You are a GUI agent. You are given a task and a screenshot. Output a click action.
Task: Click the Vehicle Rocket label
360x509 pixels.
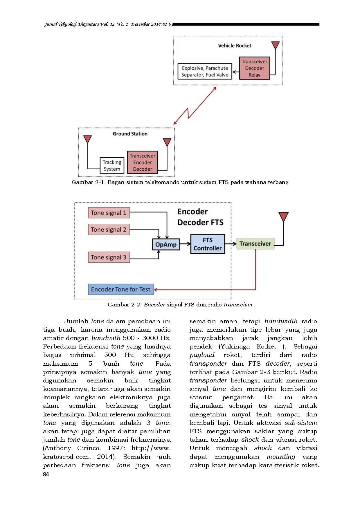point(235,46)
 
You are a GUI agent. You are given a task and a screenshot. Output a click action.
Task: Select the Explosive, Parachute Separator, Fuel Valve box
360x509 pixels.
point(205,71)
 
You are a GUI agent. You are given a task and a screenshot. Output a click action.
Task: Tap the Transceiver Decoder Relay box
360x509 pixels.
point(254,68)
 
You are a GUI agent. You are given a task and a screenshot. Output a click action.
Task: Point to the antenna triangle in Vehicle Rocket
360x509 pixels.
point(275,45)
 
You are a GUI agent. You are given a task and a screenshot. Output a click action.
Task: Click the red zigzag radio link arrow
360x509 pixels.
point(195,106)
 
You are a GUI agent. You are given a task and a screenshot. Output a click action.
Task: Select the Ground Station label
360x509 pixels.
point(130,134)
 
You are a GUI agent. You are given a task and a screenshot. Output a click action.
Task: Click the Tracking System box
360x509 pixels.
point(112,165)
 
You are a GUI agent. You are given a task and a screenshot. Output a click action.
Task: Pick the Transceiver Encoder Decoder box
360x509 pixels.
point(142,162)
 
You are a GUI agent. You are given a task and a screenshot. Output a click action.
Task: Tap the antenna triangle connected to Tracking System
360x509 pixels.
point(87,139)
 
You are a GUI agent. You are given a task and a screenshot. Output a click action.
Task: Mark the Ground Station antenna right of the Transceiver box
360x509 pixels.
point(167,142)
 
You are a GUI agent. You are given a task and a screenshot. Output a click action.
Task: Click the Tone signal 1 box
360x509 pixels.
point(109,213)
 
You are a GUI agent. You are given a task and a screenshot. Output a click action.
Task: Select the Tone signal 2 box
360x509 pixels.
point(109,230)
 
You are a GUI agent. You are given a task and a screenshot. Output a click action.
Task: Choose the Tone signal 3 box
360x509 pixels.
point(109,257)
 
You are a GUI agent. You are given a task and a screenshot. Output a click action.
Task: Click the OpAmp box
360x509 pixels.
point(166,244)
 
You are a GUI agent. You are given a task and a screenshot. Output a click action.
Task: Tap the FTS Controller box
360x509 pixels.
point(207,244)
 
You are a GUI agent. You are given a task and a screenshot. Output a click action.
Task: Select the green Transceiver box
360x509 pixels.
point(255,243)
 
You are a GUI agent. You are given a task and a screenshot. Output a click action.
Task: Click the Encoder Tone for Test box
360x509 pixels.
point(120,289)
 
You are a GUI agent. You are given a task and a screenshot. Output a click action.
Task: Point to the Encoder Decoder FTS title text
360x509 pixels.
point(200,217)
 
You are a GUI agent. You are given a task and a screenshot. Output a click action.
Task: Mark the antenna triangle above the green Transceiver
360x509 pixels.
point(283,216)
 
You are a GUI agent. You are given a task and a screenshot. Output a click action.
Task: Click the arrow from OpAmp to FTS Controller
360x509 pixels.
point(185,244)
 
